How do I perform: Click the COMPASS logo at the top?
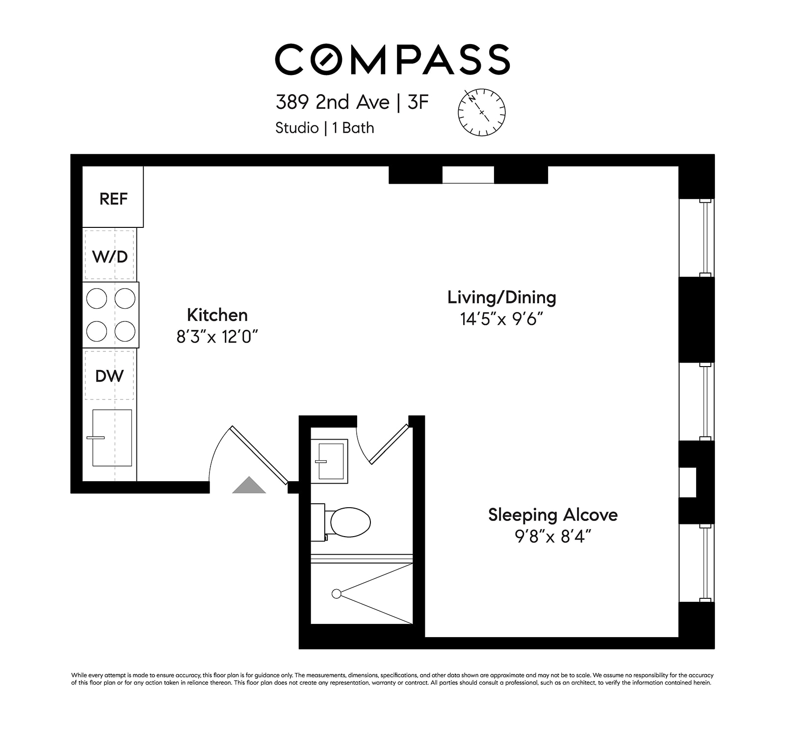click(x=392, y=60)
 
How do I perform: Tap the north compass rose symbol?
click(x=481, y=112)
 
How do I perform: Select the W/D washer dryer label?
click(x=110, y=256)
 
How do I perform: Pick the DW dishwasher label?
click(x=109, y=376)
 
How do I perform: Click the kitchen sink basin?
click(x=112, y=438)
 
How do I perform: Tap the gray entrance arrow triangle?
click(x=249, y=486)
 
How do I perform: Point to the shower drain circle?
click(x=337, y=593)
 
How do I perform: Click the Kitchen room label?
click(x=217, y=315)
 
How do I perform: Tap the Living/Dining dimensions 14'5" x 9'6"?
click(x=501, y=320)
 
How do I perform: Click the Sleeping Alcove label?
click(x=552, y=515)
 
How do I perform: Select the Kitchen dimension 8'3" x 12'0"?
click(x=217, y=337)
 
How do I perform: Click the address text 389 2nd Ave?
click(x=332, y=102)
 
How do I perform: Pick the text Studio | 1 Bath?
click(x=325, y=128)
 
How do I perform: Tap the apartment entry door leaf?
click(x=259, y=455)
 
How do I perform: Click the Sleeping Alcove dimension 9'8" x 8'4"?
click(x=552, y=537)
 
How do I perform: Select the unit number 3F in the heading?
click(x=418, y=102)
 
